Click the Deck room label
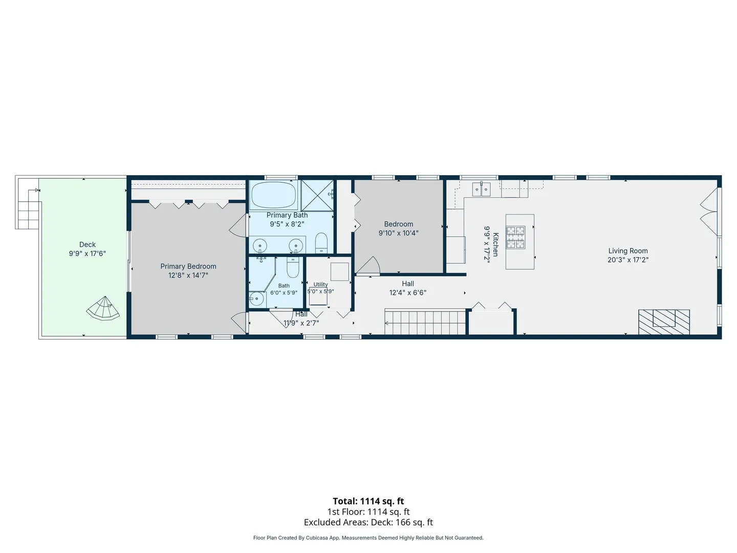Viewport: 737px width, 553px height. click(x=88, y=244)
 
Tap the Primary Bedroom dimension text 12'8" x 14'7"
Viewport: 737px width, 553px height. click(x=188, y=275)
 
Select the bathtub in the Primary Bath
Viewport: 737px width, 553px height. click(x=274, y=195)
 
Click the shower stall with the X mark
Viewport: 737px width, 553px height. click(x=317, y=196)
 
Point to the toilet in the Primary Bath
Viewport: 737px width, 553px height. click(x=321, y=243)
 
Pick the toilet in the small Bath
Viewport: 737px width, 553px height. click(x=292, y=267)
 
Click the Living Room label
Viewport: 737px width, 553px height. click(x=628, y=251)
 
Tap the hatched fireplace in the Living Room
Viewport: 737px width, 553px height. click(x=664, y=322)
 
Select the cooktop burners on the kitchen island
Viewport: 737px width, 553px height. click(x=516, y=237)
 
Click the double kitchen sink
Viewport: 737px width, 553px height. click(x=481, y=189)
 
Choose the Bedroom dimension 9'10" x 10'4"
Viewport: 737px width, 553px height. click(x=399, y=233)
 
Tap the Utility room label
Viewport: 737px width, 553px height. click(x=320, y=284)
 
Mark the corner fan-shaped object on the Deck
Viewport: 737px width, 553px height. click(x=103, y=309)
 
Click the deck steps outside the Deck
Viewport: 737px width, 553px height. click(x=28, y=210)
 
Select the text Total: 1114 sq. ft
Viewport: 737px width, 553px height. click(x=368, y=501)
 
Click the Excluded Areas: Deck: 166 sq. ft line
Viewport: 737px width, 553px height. click(x=368, y=522)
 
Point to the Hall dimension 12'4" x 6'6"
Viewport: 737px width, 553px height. click(x=407, y=292)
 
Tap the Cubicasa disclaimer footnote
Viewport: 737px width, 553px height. click(x=368, y=538)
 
